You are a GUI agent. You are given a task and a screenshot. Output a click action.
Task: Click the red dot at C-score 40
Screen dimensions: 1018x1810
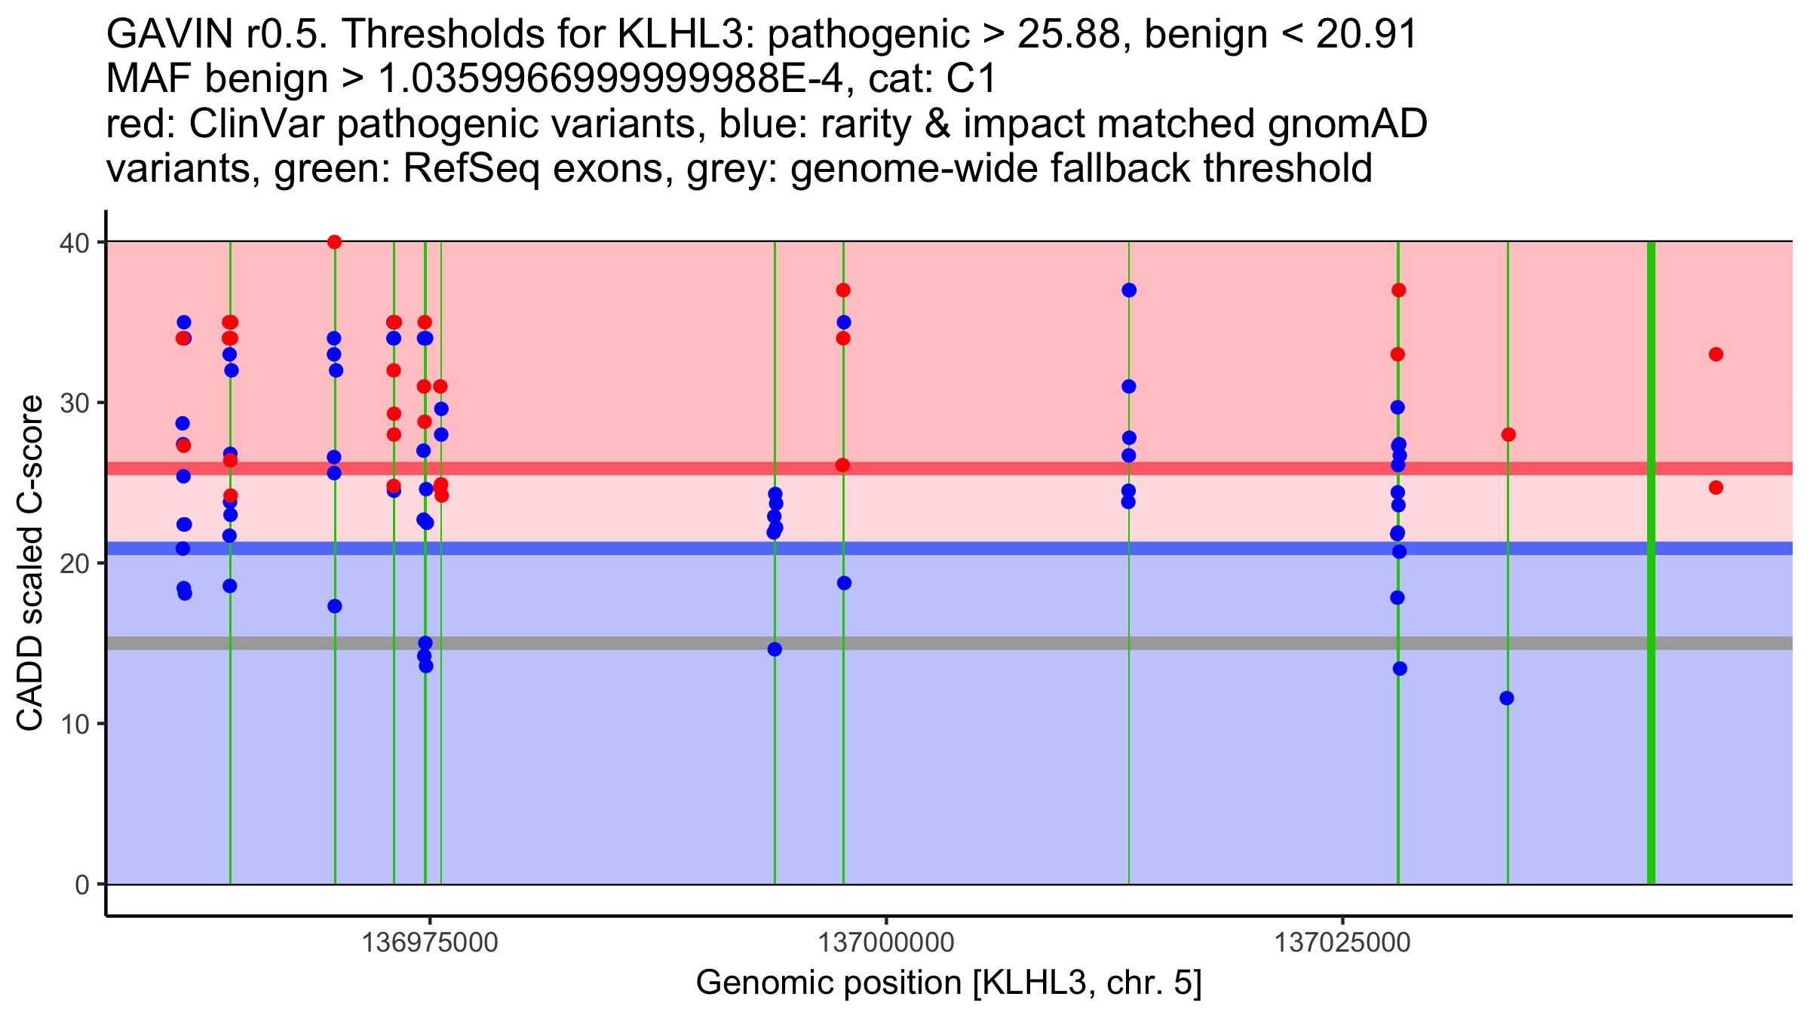coord(335,242)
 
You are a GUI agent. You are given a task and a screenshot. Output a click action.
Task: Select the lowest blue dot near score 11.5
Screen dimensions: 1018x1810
coord(1507,698)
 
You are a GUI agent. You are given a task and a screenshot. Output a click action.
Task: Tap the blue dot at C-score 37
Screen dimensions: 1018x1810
coord(1129,290)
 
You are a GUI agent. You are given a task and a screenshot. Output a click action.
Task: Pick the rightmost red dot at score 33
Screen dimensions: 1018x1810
coord(1716,354)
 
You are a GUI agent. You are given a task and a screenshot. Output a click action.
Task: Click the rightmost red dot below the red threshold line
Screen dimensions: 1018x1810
coord(1716,488)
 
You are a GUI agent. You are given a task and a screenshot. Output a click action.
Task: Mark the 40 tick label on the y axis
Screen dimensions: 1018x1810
coord(72,243)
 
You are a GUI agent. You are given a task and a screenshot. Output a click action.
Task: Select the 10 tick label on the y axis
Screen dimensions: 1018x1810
coord(72,725)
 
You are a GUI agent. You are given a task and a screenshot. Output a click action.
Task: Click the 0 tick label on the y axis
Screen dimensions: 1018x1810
coord(81,885)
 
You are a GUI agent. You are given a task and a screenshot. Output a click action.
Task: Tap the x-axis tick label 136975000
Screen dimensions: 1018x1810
coord(430,943)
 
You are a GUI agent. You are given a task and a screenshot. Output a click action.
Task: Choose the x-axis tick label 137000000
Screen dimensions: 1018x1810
coord(886,943)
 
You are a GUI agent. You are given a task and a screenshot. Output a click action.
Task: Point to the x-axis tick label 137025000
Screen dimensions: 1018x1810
coord(1342,943)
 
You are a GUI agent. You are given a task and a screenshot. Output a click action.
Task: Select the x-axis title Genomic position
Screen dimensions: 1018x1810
coord(949,983)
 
